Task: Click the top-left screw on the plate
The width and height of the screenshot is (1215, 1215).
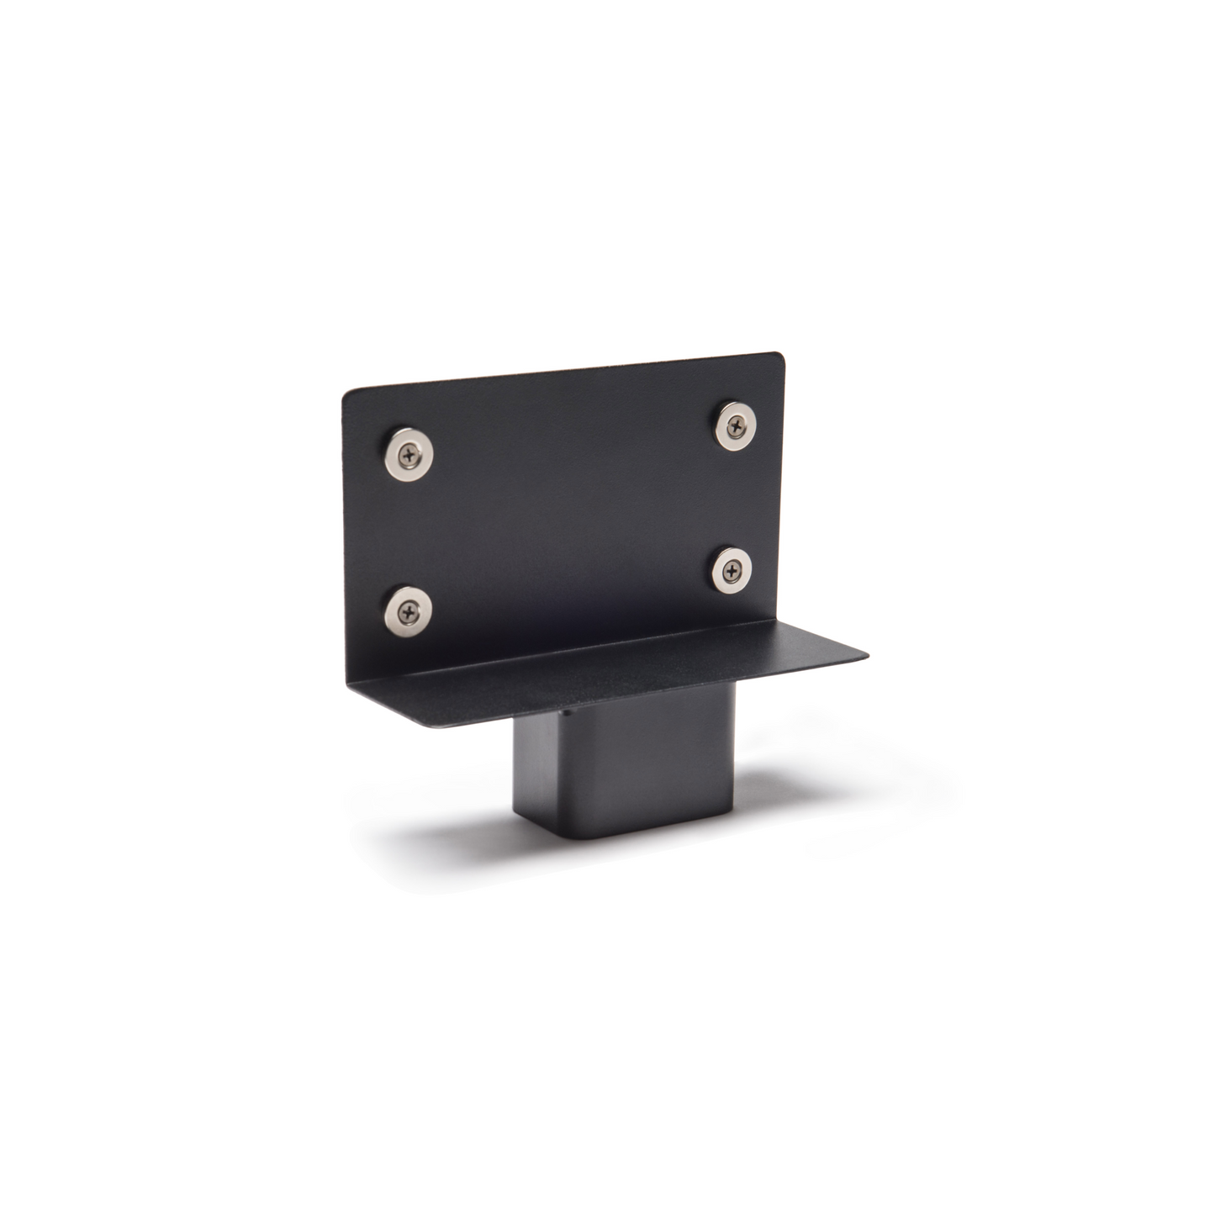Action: click(x=409, y=454)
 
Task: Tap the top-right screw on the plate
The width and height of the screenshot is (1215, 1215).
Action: click(x=736, y=425)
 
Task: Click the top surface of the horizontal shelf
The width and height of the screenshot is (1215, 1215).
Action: click(x=639, y=664)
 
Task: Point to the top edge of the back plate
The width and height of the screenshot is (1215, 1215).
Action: click(x=563, y=372)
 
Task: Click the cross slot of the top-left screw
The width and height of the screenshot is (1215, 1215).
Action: click(x=409, y=454)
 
